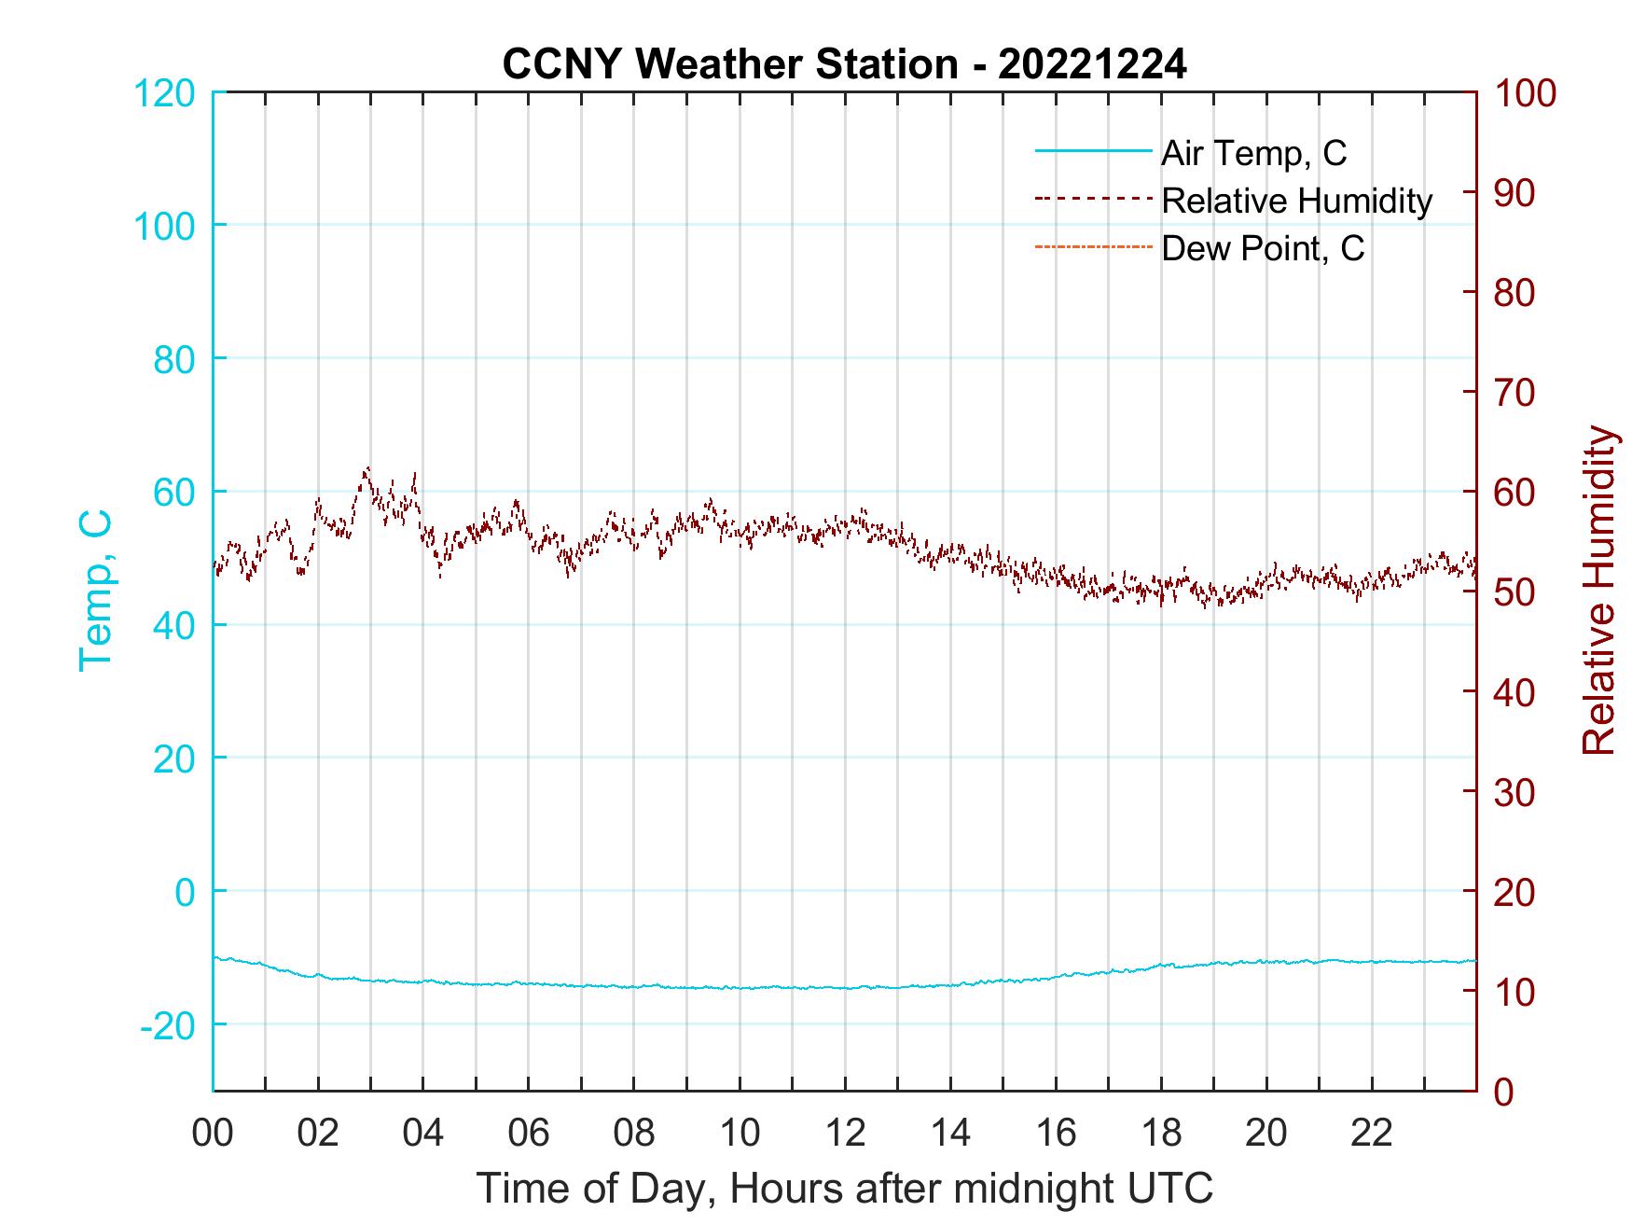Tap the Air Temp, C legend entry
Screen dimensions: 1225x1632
coord(1252,153)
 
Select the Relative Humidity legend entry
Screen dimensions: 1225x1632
coord(1295,201)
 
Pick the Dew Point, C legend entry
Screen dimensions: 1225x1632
coord(1262,248)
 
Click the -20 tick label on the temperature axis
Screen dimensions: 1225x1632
coord(167,1025)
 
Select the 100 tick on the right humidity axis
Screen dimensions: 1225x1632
coord(1526,93)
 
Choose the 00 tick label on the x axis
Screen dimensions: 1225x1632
coord(213,1134)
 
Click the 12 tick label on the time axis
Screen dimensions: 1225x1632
coord(845,1134)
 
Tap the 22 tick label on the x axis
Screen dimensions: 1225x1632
coord(1372,1134)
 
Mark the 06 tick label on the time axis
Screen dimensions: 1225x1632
coord(529,1134)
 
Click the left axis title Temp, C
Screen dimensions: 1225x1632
coord(95,590)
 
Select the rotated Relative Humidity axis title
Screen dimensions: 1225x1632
coord(1598,591)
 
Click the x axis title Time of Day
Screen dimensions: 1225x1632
coord(845,1190)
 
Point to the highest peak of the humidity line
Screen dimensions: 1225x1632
coord(367,467)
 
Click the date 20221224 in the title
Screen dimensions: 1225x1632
coord(1092,65)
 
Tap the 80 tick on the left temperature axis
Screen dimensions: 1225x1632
coord(173,359)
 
